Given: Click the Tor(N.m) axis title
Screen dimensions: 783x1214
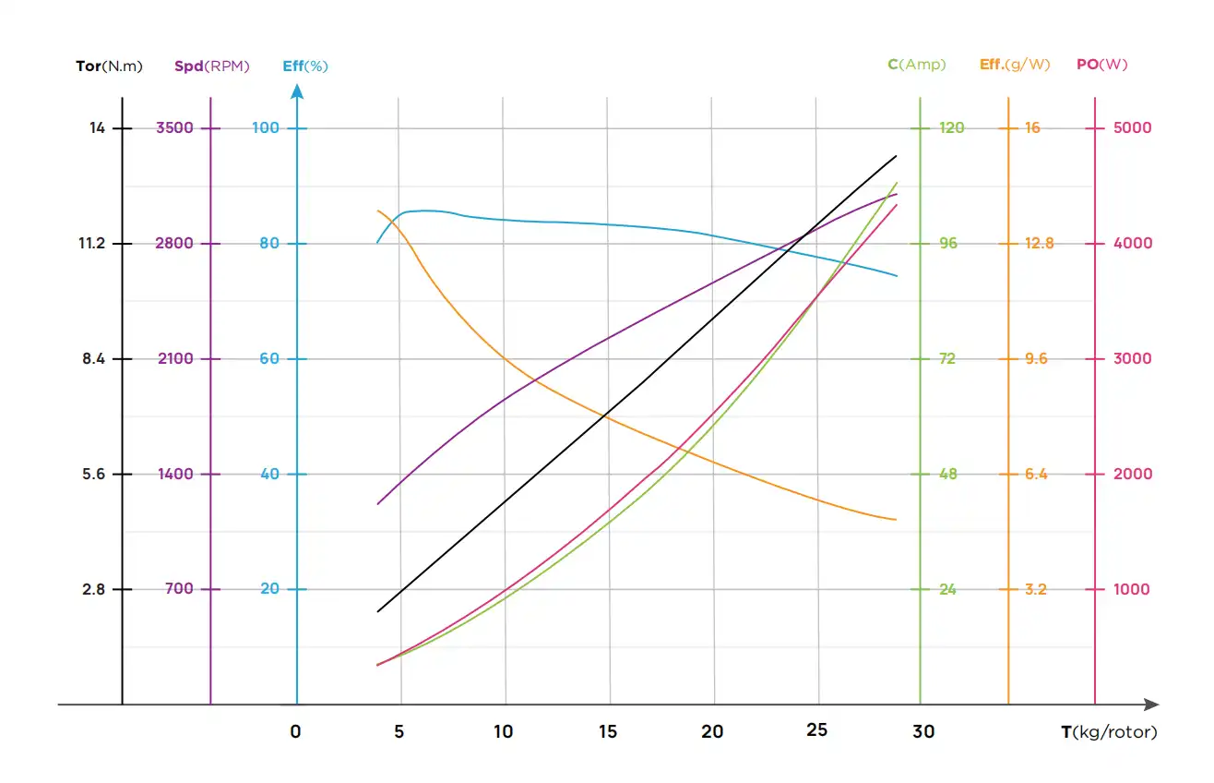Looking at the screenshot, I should (109, 66).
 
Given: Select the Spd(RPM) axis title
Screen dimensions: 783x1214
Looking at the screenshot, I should (211, 66).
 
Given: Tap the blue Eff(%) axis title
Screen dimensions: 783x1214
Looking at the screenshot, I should (304, 66).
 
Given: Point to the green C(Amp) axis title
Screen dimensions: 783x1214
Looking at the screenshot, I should (916, 65).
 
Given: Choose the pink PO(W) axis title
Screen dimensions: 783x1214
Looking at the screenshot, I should (1101, 65).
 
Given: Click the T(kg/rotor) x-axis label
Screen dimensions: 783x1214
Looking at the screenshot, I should (1108, 732).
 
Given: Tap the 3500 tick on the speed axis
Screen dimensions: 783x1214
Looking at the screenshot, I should (175, 127).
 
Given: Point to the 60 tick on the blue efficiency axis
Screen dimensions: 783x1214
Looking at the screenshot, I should (268, 358).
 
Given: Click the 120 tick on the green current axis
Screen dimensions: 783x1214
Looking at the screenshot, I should (951, 127).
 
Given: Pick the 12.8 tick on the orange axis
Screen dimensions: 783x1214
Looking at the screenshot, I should (1038, 244).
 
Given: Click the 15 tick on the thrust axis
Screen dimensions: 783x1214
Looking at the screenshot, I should (608, 731).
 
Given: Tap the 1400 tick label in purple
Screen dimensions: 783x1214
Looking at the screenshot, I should (175, 474).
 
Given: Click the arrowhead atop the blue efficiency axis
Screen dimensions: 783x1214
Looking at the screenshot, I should (296, 90).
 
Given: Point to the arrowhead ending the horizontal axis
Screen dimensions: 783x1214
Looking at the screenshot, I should (1151, 705).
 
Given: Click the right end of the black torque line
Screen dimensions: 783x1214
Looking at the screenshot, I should (896, 157).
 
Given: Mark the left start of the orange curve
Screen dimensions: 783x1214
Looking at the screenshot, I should (377, 211).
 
